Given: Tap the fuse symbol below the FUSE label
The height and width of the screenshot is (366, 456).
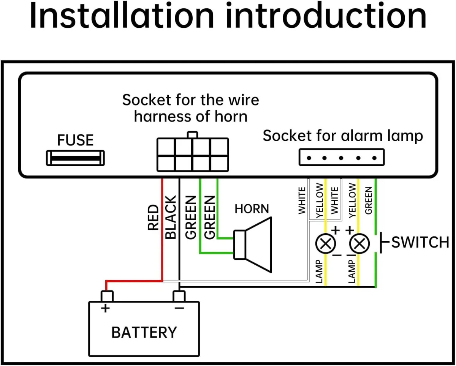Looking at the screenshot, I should (x=75, y=158).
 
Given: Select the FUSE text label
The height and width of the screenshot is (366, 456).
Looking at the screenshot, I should (x=75, y=140).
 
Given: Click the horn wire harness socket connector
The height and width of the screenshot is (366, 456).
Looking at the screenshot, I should (x=193, y=154).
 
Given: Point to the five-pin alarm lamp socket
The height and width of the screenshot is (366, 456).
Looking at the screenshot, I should (x=341, y=157).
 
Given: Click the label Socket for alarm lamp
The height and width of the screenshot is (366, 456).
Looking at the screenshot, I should (x=343, y=136).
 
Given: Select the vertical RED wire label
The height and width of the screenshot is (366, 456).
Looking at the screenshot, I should (x=153, y=218).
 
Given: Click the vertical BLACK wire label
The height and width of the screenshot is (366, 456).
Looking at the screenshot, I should (x=171, y=217).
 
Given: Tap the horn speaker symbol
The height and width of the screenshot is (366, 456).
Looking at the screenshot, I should (x=253, y=245).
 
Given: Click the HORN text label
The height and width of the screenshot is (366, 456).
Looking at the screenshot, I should (x=252, y=209).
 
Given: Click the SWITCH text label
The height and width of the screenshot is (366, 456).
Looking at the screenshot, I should (x=420, y=242).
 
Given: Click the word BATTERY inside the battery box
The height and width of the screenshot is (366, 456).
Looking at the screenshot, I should (x=144, y=332).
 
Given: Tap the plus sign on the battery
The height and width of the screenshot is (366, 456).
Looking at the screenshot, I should (x=106, y=308).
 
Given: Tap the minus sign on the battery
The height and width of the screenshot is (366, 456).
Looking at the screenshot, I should (x=179, y=308).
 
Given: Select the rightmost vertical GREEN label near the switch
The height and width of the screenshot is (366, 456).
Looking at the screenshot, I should (x=368, y=200).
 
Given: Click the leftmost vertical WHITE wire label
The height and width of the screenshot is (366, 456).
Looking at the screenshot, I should (x=302, y=200).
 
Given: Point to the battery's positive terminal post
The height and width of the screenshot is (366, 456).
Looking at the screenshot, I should (x=107, y=296).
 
